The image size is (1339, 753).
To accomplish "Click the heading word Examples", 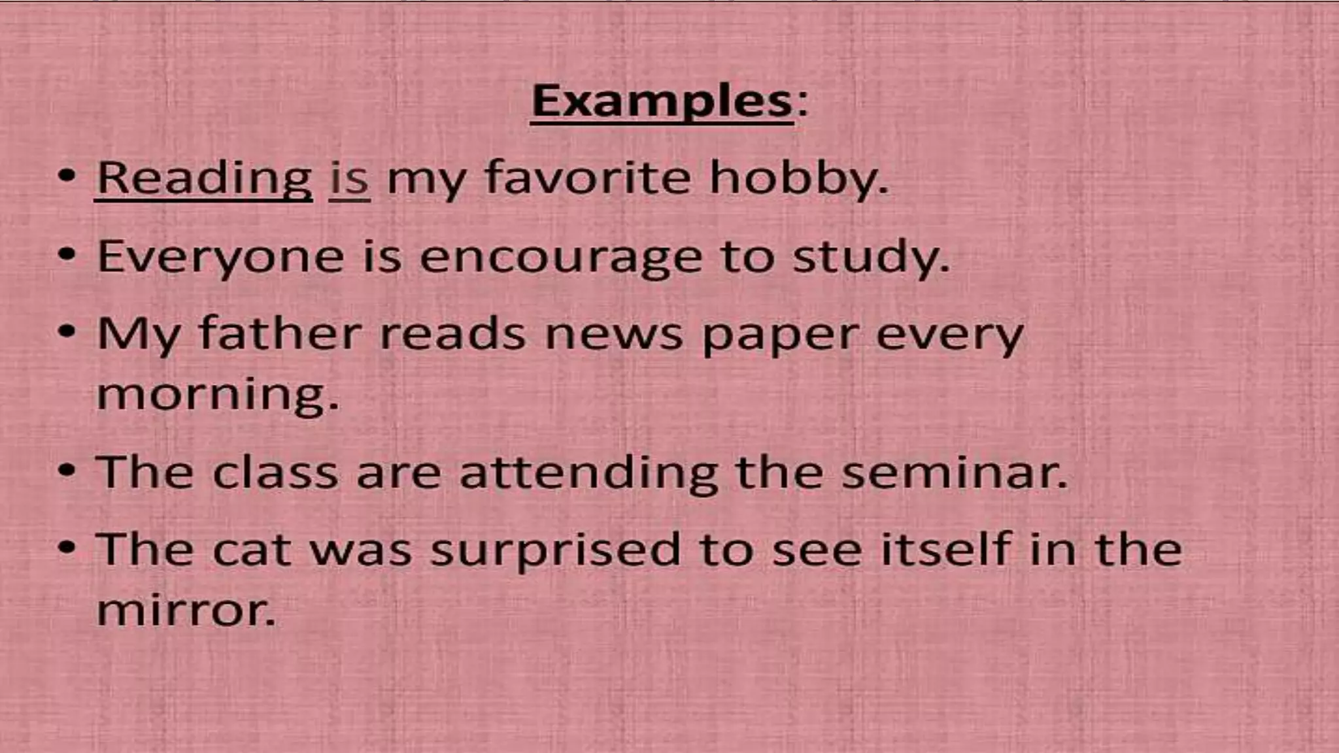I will [x=662, y=102].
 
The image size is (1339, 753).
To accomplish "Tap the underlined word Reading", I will [x=204, y=178].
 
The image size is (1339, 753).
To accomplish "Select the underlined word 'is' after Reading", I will [x=349, y=178].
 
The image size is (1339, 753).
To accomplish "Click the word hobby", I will [x=798, y=178].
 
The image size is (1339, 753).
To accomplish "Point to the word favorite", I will [x=587, y=178].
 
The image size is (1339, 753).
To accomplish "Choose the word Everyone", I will [x=220, y=256].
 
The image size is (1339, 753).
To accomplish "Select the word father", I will [x=280, y=333].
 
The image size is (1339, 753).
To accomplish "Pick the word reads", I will [x=452, y=333].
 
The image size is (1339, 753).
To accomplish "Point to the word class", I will [x=275, y=472].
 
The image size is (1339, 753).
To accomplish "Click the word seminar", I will [x=954, y=472].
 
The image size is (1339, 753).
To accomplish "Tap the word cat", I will [x=252, y=550].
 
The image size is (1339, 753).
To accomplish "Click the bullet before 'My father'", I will [x=67, y=332].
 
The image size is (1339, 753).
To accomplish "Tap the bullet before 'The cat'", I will [x=67, y=548].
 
